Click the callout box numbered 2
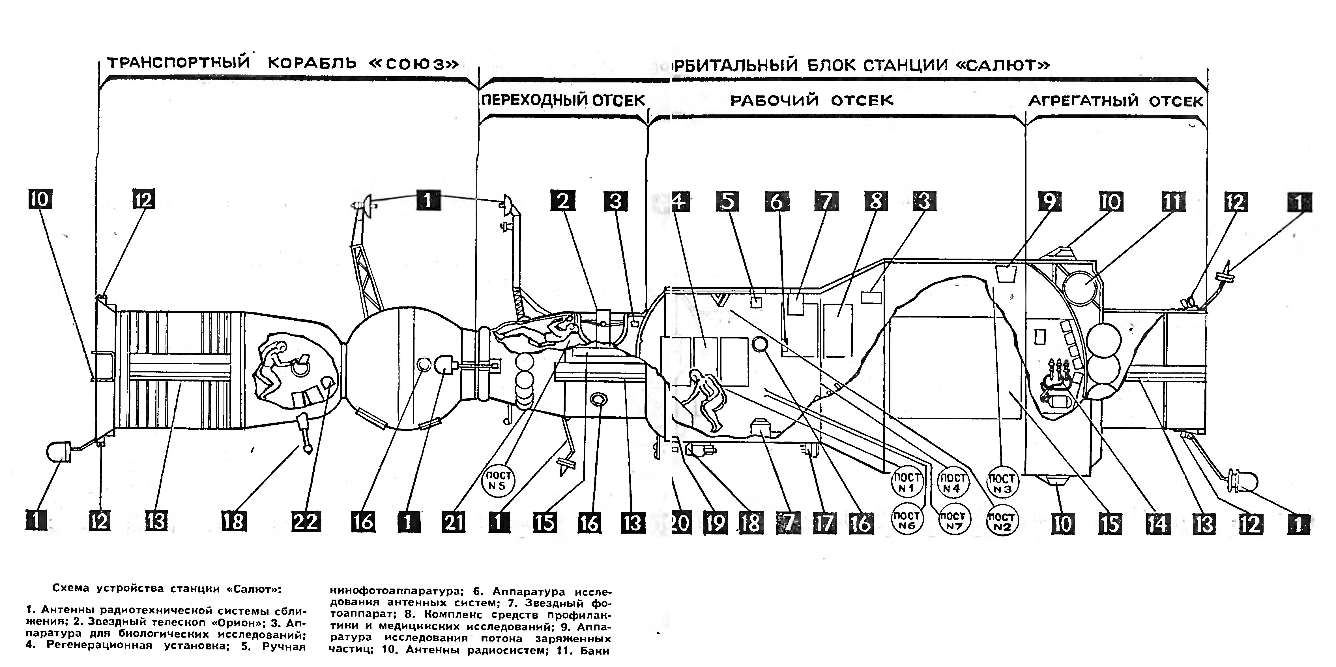click(x=563, y=201)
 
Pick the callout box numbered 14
click(x=1157, y=524)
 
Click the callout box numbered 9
click(x=1049, y=201)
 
